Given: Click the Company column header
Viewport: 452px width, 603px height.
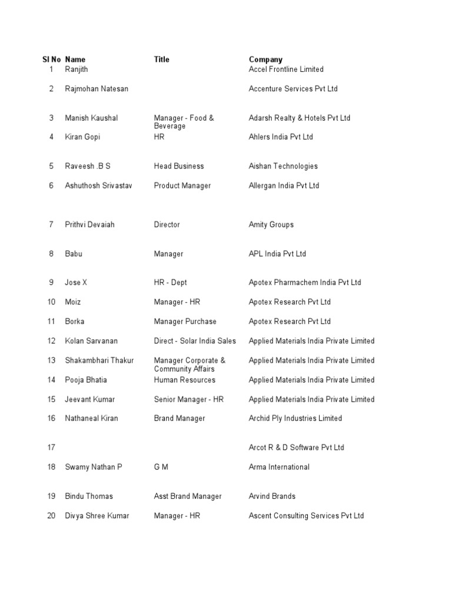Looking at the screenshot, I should click(x=265, y=59).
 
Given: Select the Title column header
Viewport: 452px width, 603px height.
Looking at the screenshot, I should click(x=161, y=59).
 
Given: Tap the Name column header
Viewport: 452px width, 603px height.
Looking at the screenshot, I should click(x=75, y=59).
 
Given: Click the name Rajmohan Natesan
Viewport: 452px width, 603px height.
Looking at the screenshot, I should click(x=97, y=89).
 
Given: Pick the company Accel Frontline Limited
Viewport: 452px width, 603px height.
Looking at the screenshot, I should click(x=286, y=69).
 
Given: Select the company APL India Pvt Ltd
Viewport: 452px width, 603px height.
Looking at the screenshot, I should click(x=277, y=254).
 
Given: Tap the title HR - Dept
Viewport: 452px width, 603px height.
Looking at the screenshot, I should click(x=170, y=283).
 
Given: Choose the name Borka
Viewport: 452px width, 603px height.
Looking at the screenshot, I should click(x=74, y=322).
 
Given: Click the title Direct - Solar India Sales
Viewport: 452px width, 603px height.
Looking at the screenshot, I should click(x=195, y=341).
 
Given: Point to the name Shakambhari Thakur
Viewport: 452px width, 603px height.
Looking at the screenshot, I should click(x=99, y=360).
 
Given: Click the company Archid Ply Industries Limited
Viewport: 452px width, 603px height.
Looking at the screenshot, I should click(x=295, y=419).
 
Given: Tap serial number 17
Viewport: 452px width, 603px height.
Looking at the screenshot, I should click(x=51, y=448).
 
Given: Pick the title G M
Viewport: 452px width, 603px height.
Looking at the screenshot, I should click(x=161, y=467).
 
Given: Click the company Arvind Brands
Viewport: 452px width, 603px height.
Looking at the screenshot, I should click(x=272, y=496).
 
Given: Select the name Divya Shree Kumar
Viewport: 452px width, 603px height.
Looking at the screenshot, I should click(x=97, y=516).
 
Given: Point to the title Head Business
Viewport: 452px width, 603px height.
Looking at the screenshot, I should click(x=179, y=166).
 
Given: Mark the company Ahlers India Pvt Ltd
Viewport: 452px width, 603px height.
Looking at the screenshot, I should click(x=281, y=137).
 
